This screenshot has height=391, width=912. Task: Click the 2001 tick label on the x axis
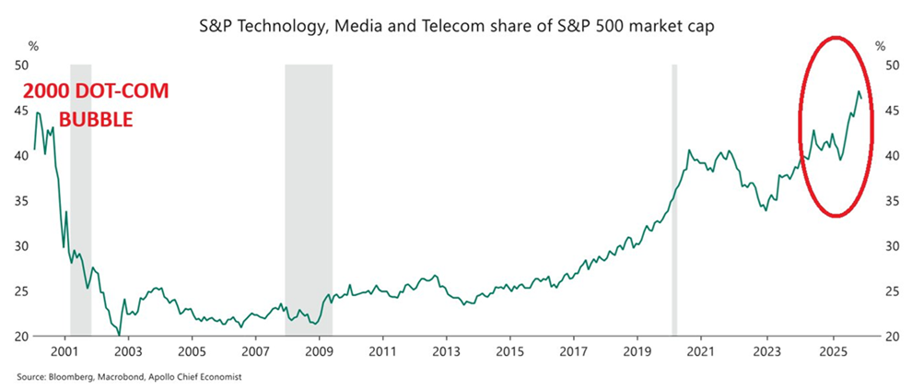tap(64, 352)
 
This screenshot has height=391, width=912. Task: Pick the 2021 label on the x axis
tap(702, 352)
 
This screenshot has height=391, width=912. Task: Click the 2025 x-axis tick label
tap(832, 352)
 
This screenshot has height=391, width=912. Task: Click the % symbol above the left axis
tap(33, 45)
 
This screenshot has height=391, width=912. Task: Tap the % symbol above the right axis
tap(880, 45)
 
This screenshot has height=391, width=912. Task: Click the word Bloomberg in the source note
tap(64, 377)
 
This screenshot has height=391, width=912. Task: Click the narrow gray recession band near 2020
tap(674, 199)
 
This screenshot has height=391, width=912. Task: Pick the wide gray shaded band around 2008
tap(308, 199)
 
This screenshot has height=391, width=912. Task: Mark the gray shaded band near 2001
tap(80, 199)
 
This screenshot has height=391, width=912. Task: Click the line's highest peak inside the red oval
tap(859, 91)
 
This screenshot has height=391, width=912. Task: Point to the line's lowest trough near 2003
tap(120, 335)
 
